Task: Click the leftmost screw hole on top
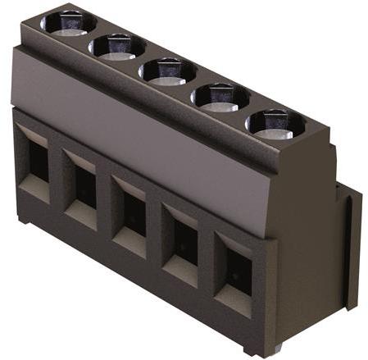click(x=68, y=21)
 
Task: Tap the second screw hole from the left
click(x=118, y=46)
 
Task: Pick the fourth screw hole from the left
click(x=220, y=97)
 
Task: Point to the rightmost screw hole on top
click(x=275, y=123)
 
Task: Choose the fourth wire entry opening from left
click(x=184, y=239)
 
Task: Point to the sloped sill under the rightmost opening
click(x=234, y=303)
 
